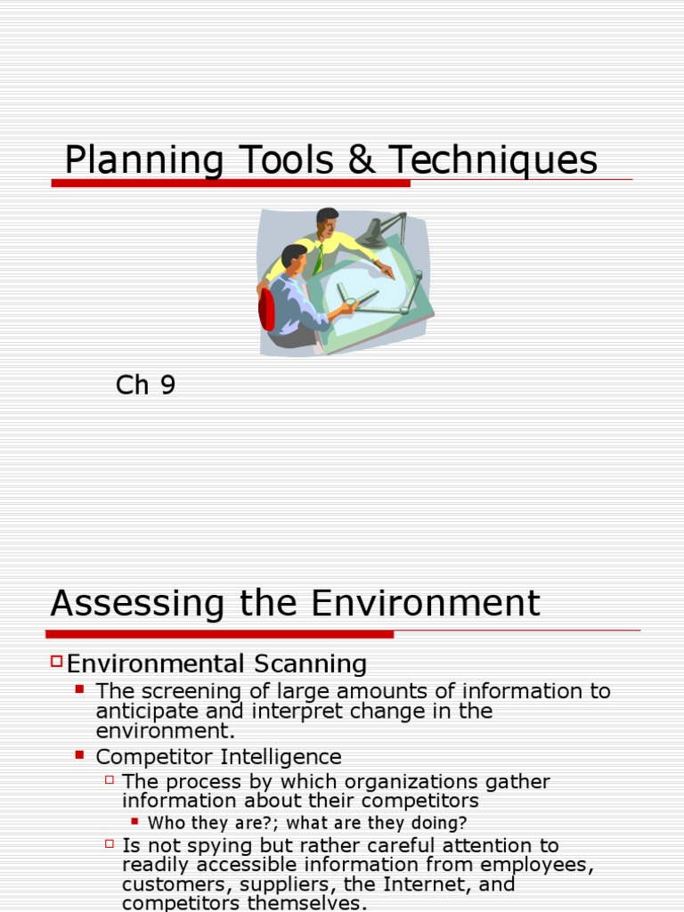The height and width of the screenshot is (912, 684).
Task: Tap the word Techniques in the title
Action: [x=493, y=160]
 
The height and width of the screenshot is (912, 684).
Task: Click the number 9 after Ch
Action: [x=167, y=386]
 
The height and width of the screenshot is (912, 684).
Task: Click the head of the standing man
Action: [x=327, y=222]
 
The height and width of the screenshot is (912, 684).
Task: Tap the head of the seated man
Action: [x=294, y=258]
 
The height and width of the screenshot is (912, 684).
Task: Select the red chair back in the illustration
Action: [x=266, y=309]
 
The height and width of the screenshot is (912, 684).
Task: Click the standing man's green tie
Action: [x=318, y=260]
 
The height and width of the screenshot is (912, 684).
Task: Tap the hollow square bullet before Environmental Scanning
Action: [x=57, y=661]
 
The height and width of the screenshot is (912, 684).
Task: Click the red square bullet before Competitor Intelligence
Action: [x=80, y=754]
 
